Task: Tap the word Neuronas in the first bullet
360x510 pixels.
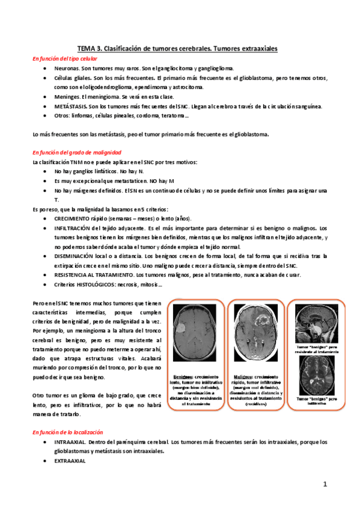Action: coord(66,69)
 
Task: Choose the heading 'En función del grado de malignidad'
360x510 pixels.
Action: coord(76,153)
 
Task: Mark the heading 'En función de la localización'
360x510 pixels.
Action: coord(68,432)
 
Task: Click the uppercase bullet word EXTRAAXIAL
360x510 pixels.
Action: coord(70,461)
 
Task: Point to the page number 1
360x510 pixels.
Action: coord(323,483)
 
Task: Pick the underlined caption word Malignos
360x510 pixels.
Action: coord(245,374)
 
